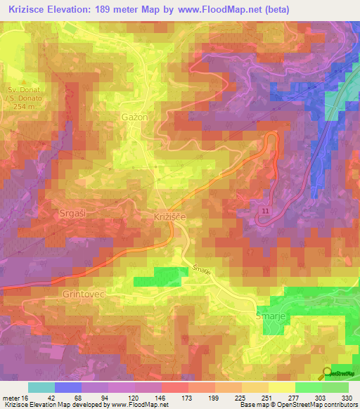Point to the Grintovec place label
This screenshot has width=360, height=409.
click(x=83, y=294)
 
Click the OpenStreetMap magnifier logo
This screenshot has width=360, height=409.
click(x=327, y=375)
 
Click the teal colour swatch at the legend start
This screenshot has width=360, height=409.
click(x=41, y=387)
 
